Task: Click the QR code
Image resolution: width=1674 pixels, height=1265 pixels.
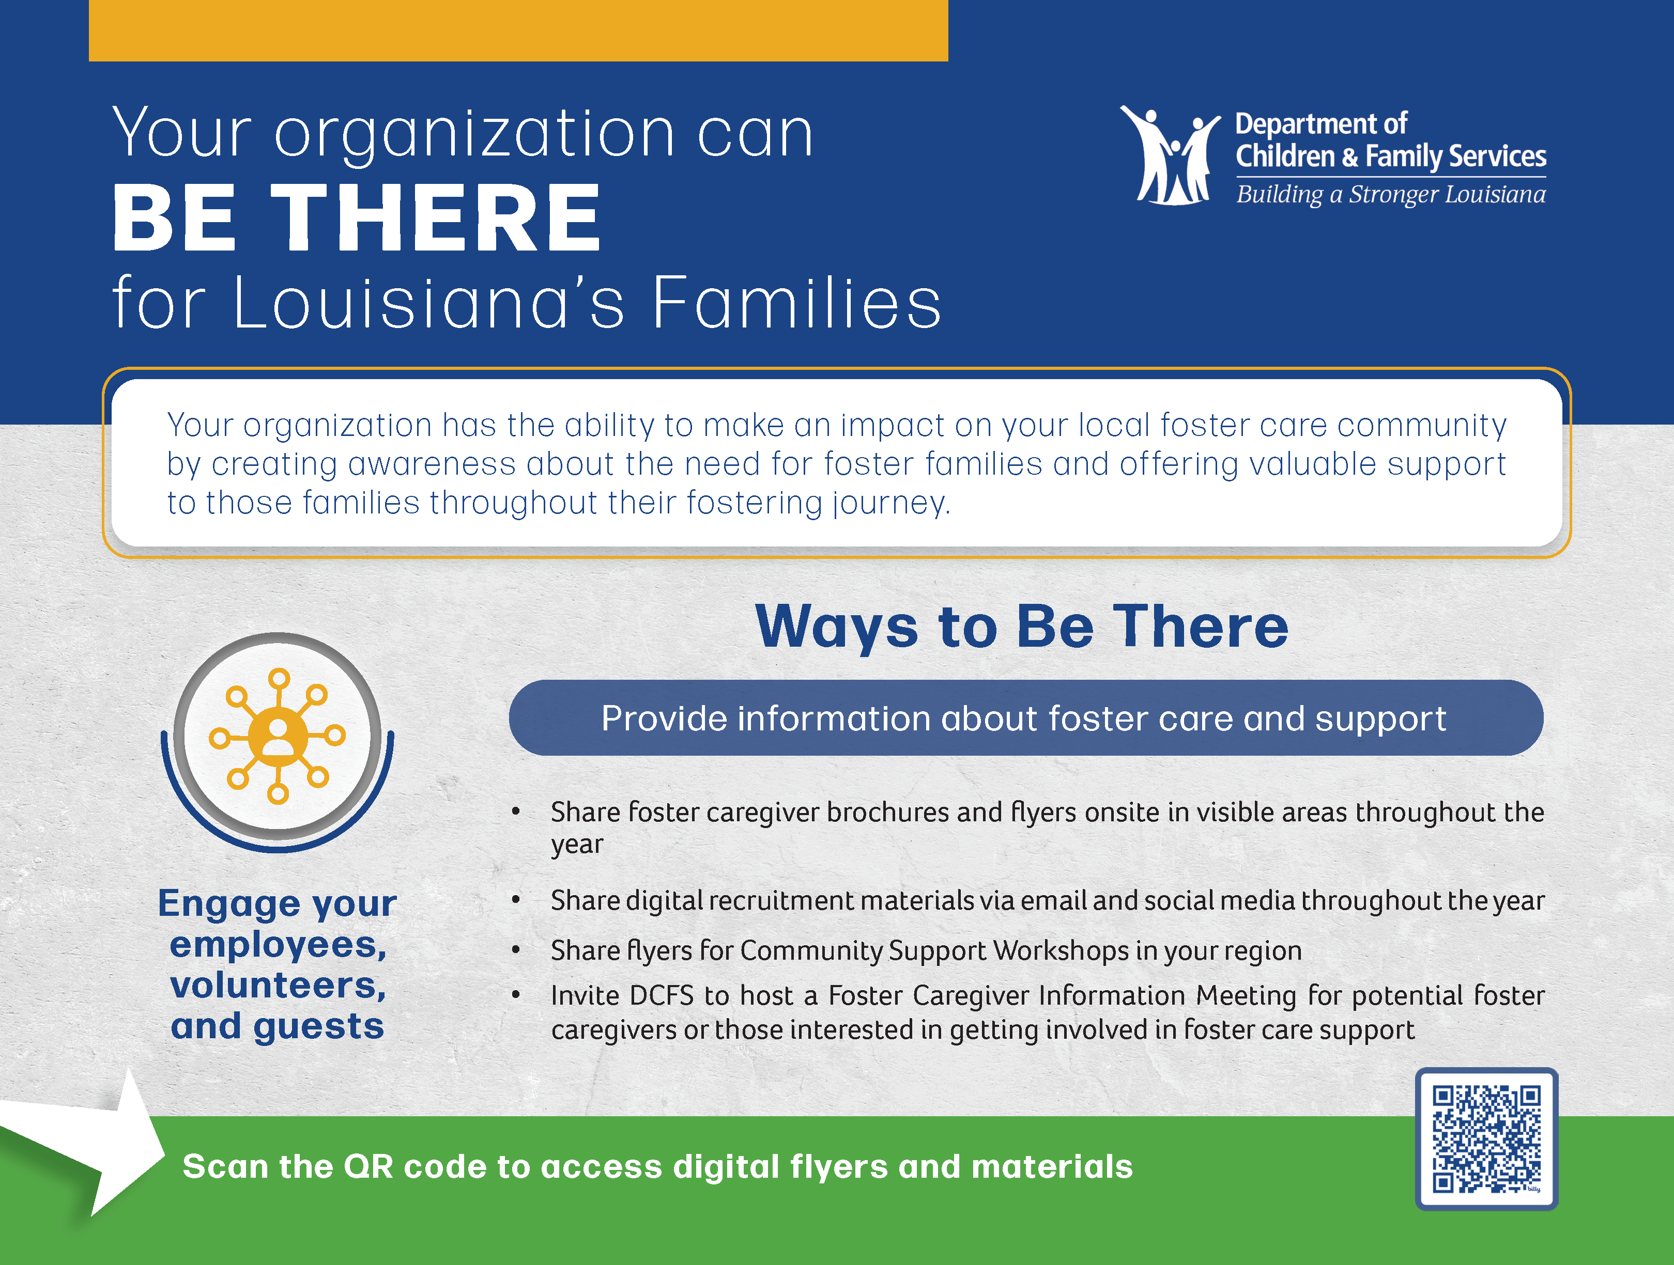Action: tap(1486, 1138)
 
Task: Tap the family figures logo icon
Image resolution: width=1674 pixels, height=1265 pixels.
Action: tap(1170, 155)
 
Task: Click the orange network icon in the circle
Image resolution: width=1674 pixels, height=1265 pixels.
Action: tap(278, 736)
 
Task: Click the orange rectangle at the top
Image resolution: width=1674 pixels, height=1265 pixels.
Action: tap(518, 30)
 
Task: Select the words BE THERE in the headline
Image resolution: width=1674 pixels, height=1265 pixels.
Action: tap(357, 218)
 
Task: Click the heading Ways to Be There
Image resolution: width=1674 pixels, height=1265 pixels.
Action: tap(1022, 627)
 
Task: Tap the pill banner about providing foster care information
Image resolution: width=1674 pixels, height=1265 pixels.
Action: tap(1025, 717)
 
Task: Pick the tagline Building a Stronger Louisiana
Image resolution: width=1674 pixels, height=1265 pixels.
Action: tap(1391, 194)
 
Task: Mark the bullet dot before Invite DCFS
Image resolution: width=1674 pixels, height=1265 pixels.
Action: tap(515, 995)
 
